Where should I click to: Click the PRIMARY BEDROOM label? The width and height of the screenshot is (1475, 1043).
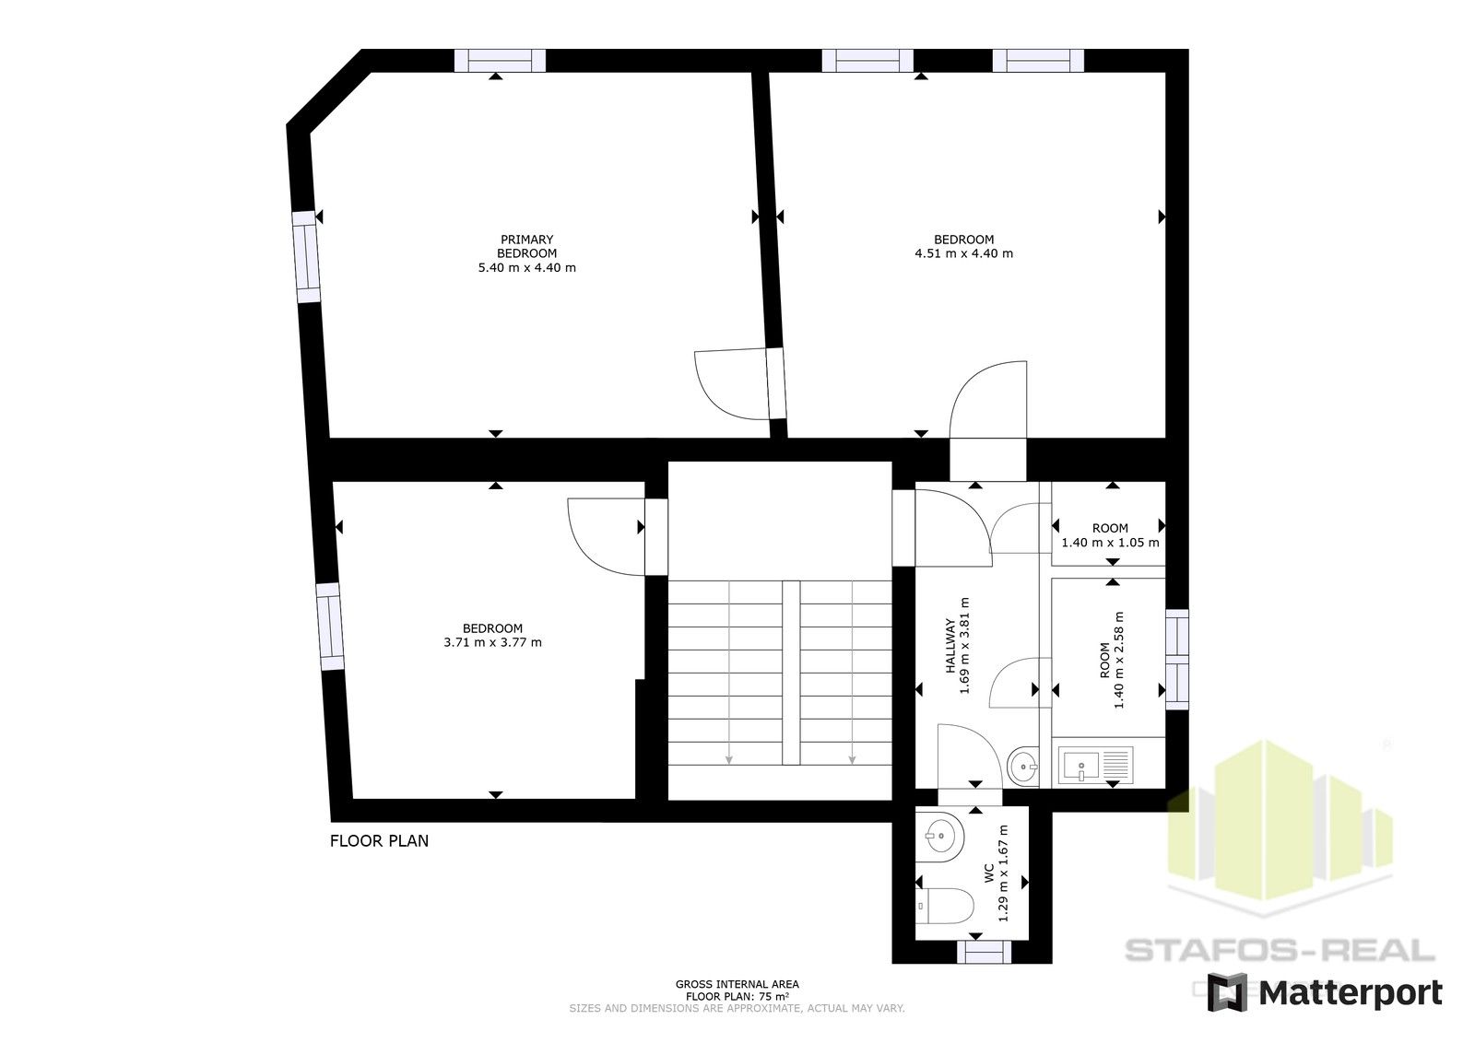coord(526,246)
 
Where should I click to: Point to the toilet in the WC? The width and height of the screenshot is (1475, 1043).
coord(950,905)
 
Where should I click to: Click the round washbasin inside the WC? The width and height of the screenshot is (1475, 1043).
coord(943,838)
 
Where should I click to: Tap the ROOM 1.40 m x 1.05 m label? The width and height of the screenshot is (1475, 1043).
coord(1110,535)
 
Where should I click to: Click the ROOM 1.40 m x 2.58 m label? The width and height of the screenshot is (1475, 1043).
coord(1112,661)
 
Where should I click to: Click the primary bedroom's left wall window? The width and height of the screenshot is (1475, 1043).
coord(306,257)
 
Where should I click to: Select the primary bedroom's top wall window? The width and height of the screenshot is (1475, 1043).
coord(501,61)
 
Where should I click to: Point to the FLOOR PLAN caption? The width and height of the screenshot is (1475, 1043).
coord(379,840)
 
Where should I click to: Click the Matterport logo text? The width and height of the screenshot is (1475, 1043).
coord(1350,992)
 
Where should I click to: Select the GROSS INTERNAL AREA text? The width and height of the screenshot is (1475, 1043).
coord(737,984)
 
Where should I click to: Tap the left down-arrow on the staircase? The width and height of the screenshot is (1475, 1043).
coord(729,759)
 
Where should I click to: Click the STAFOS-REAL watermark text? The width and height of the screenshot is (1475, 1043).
coord(1280,949)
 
